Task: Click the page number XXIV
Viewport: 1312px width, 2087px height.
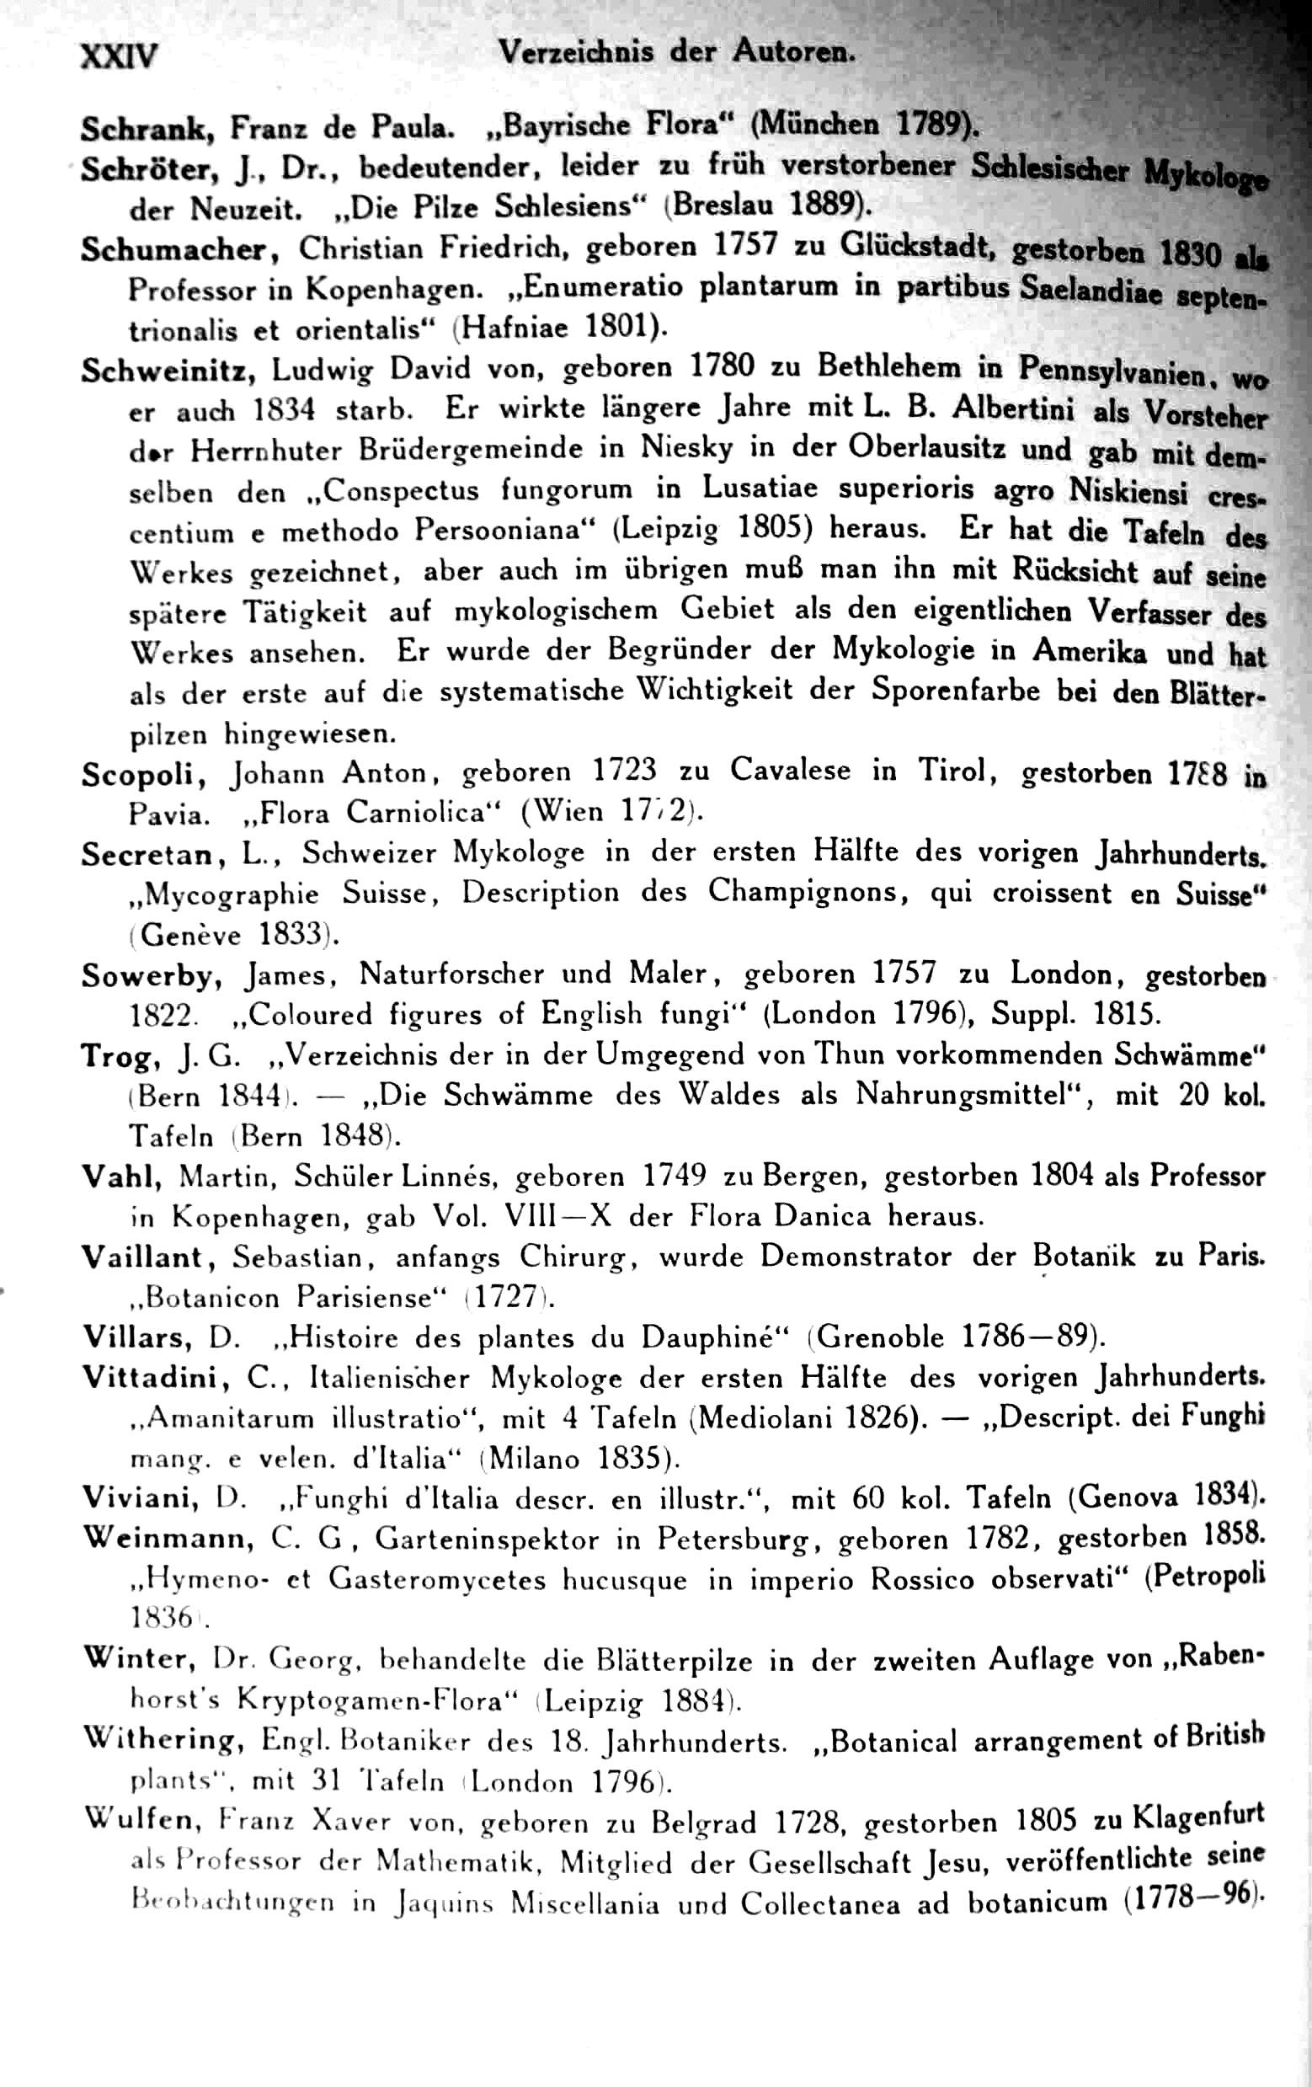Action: coord(119,57)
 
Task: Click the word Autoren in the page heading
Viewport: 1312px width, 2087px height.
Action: coord(793,52)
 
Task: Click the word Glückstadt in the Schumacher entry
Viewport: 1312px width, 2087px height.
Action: coord(916,248)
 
